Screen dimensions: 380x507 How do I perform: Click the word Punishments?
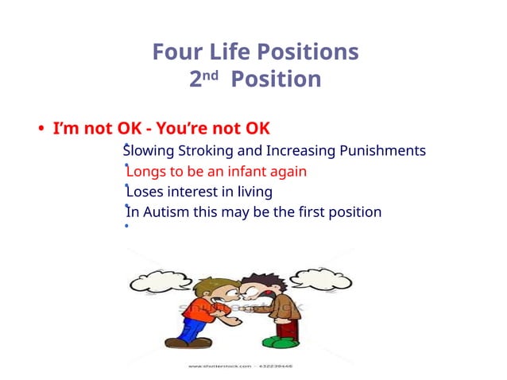(382, 151)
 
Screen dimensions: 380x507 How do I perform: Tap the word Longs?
(145, 172)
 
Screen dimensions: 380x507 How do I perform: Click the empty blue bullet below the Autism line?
(126, 227)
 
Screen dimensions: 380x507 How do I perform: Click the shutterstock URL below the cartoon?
(238, 366)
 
